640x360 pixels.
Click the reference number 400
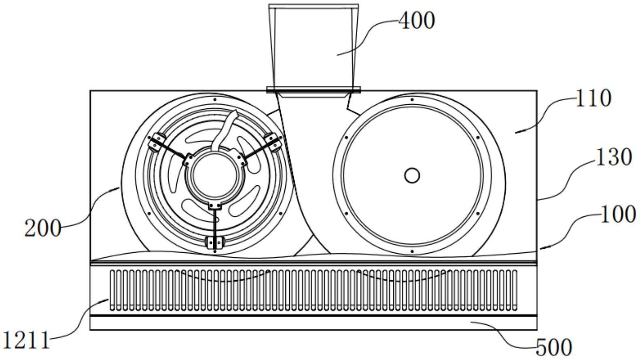417,21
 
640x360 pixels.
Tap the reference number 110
593,98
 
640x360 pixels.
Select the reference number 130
613,157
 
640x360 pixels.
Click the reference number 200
43,229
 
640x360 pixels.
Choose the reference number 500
554,347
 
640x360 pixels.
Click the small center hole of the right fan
412,176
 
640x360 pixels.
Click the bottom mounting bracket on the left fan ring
215,242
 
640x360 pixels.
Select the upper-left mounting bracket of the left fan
156,142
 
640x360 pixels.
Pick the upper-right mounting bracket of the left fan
273,142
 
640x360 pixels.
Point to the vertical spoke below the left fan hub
215,223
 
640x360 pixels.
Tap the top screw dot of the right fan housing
412,100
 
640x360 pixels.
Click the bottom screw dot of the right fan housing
412,252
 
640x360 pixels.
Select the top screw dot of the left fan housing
215,100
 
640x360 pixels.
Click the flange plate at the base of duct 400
314,90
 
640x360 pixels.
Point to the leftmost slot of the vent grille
112,290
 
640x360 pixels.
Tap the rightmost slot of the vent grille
515,290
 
